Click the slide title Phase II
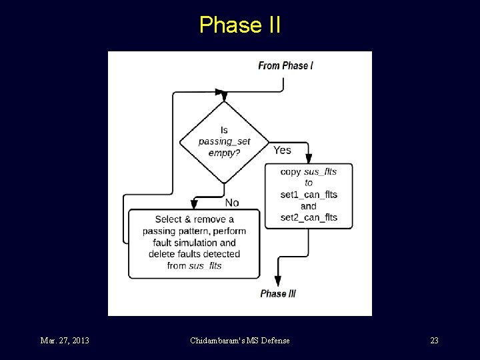pyautogui.click(x=240, y=25)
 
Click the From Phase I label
pyautogui.click(x=285, y=65)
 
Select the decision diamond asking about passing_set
pyautogui.click(x=224, y=141)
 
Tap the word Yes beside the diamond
pyautogui.click(x=282, y=150)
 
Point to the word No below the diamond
pyautogui.click(x=232, y=202)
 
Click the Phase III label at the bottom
pyautogui.click(x=278, y=294)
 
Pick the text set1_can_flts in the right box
pyautogui.click(x=309, y=195)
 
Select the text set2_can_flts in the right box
pyautogui.click(x=309, y=217)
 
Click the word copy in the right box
pyautogui.click(x=291, y=171)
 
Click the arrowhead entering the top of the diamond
pyautogui.click(x=221, y=94)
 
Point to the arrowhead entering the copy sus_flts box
pyautogui.click(x=309, y=159)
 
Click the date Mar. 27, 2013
pyautogui.click(x=65, y=341)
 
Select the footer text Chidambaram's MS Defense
pyautogui.click(x=240, y=341)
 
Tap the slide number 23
pyautogui.click(x=434, y=341)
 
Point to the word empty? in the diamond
pyautogui.click(x=224, y=153)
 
